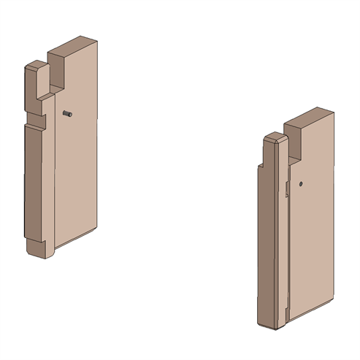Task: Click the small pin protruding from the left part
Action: [66, 113]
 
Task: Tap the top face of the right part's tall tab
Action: [310, 118]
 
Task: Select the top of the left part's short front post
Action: [34, 66]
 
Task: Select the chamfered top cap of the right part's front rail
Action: [274, 138]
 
